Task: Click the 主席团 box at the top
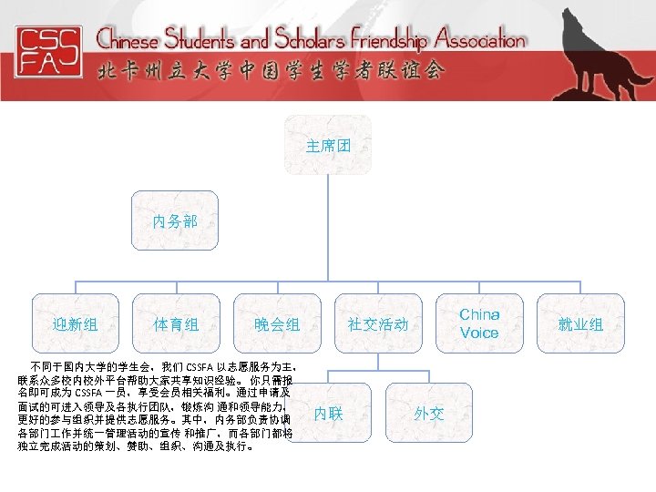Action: coord(327,145)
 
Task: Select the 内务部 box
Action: coord(174,221)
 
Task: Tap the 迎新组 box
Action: coord(76,323)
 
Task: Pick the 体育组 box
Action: coord(176,323)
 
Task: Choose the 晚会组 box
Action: coord(276,323)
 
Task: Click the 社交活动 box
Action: coord(377,323)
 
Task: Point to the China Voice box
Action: coord(478,323)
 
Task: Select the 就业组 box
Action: coord(579,323)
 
